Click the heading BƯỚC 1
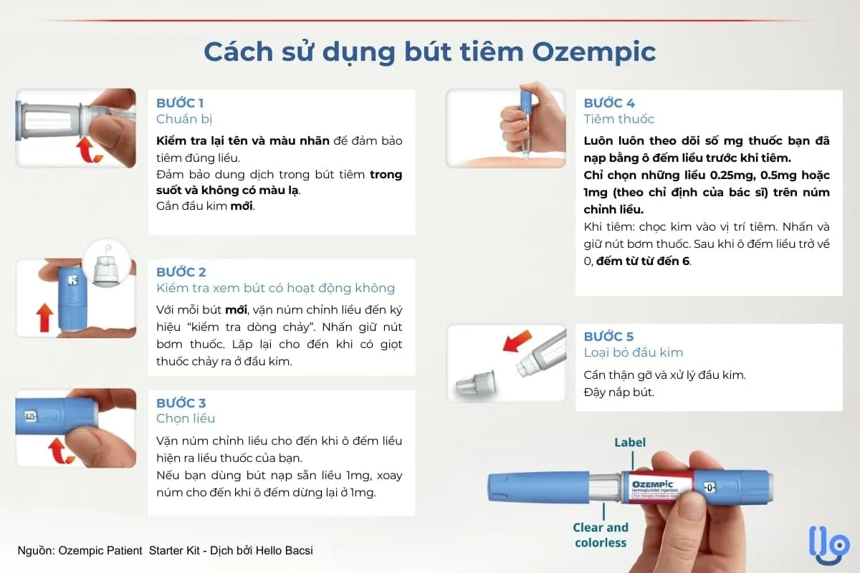pyautogui.click(x=181, y=103)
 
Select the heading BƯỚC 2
pyautogui.click(x=181, y=272)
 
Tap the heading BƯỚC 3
pyautogui.click(x=181, y=403)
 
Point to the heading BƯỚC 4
pyautogui.click(x=609, y=103)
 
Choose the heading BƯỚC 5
pyautogui.click(x=609, y=337)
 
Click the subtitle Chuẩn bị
pyautogui.click(x=184, y=119)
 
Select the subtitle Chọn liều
pyautogui.click(x=186, y=418)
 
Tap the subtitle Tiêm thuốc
pyautogui.click(x=619, y=119)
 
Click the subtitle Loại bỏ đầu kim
pyautogui.click(x=634, y=352)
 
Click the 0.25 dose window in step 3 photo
pyautogui.click(x=32, y=415)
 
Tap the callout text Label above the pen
pyautogui.click(x=629, y=443)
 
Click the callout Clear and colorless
pyautogui.click(x=601, y=535)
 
